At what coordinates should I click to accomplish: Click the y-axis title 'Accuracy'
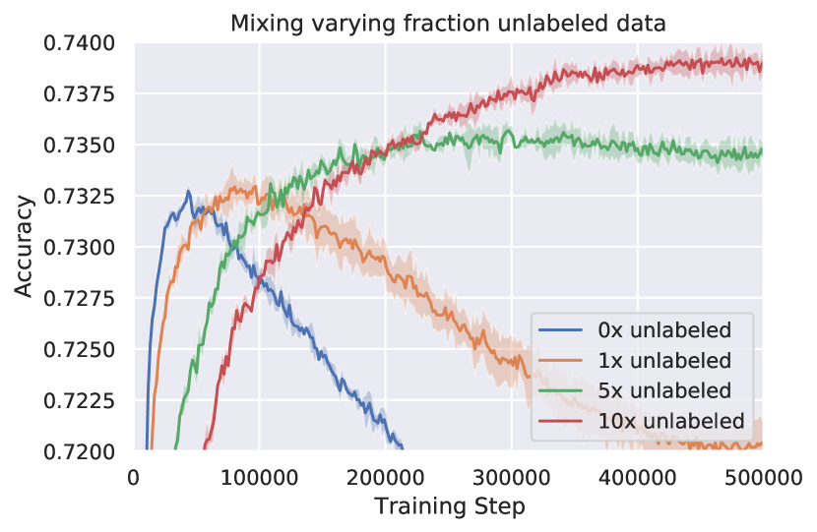[x=25, y=246]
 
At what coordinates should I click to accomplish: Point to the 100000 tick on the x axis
[x=259, y=478]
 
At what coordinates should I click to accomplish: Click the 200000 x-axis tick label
[x=385, y=478]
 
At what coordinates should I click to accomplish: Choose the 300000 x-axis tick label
[x=511, y=478]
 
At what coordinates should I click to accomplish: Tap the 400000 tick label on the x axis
[x=637, y=478]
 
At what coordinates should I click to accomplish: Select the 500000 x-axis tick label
[x=761, y=478]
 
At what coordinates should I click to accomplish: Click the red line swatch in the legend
[x=564, y=421]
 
